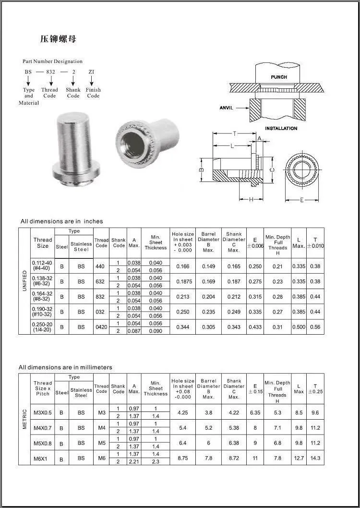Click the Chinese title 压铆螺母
[58, 39]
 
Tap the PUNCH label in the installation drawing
[279, 77]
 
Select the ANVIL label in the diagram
[226, 108]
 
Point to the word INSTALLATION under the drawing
[281, 129]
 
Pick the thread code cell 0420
[101, 327]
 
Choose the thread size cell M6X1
[42, 458]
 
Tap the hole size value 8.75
[183, 458]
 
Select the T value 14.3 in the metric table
[315, 458]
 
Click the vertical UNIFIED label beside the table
[25, 281]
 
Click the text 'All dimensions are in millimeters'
[65, 367]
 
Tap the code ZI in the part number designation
[91, 72]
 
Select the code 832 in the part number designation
[50, 72]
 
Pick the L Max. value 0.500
[299, 327]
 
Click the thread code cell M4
[101, 427]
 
